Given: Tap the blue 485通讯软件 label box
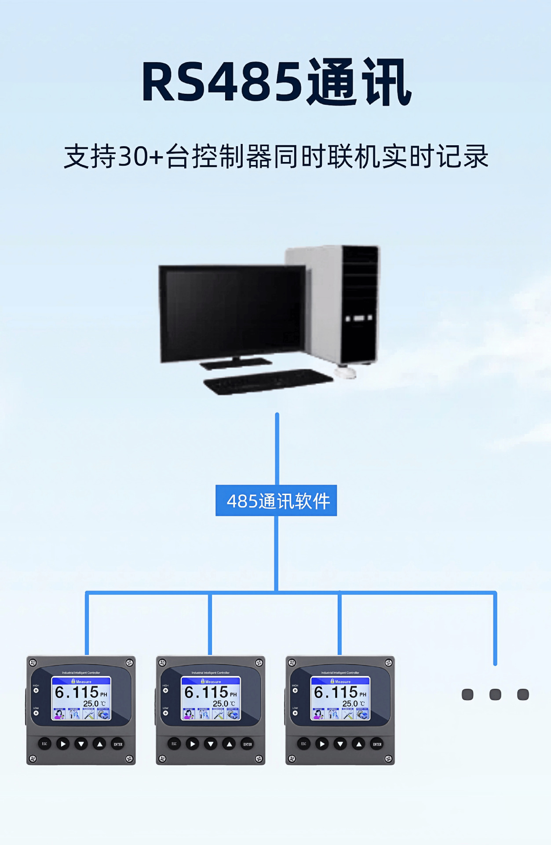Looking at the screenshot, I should [276, 500].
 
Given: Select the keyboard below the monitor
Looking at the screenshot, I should [267, 381].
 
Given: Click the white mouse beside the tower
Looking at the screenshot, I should [346, 373].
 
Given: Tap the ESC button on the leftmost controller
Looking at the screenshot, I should [44, 744].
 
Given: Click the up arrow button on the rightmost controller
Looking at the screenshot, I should [359, 744].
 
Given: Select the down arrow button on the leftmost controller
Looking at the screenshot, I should [81, 744].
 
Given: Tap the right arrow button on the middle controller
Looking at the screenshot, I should [192, 744].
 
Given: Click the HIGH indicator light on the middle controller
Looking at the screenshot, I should [165, 690].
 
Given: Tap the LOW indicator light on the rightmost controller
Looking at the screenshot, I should [295, 713].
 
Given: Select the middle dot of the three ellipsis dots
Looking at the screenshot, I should [495, 694].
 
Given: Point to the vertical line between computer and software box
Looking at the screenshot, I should [277, 449].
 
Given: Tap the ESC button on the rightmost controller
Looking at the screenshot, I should [303, 744].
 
